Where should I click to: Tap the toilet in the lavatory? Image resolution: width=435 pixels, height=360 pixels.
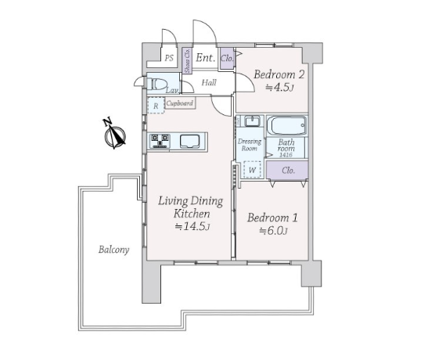[x=157, y=84]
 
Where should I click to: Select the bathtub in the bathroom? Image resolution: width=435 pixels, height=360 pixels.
[x=287, y=126]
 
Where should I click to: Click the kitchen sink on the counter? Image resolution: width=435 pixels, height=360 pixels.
[x=190, y=142]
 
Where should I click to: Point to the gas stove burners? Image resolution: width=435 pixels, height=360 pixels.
[x=160, y=142]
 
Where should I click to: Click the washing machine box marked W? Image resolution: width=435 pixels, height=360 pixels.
[x=252, y=169]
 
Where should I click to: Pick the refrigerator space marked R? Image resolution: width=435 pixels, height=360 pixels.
[x=156, y=105]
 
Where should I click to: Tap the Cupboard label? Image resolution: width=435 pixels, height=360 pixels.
[x=180, y=103]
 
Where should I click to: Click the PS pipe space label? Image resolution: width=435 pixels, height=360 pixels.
[x=169, y=58]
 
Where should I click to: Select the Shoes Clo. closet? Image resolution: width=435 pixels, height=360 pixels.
[x=187, y=61]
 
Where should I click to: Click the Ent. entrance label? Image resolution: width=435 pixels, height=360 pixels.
[x=206, y=58]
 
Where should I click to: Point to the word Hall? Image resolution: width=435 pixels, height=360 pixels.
[x=209, y=82]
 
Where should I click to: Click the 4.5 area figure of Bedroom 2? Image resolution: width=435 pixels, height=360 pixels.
[x=282, y=88]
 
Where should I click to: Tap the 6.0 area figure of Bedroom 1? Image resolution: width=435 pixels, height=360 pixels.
[x=275, y=231]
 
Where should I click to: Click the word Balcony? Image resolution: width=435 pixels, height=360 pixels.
[x=113, y=250]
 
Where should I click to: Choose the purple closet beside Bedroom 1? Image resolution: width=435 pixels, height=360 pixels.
[x=287, y=170]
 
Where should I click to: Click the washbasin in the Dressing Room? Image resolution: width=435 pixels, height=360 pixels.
[x=252, y=121]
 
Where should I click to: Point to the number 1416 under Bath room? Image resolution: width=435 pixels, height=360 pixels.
[x=286, y=155]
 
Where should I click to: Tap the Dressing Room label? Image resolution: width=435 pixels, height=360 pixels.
[x=250, y=145]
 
